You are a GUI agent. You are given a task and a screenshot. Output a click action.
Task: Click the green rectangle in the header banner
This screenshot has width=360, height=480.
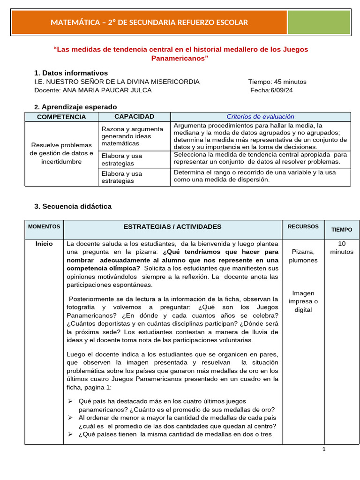coord(319,22)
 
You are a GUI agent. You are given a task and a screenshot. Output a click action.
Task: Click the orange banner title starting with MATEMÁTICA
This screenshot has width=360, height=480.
coord(149,22)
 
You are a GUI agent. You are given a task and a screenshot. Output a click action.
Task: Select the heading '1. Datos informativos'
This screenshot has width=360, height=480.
coord(71,73)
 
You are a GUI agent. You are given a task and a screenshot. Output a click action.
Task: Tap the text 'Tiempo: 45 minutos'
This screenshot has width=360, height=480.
coord(277,82)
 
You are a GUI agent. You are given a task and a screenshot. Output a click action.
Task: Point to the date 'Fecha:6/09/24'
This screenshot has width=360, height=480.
coord(271,90)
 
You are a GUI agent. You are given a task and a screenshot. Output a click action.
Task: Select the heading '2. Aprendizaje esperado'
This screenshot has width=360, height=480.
coord(75,107)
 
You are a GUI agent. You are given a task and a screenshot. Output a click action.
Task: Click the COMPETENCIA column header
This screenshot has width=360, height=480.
coord(61,117)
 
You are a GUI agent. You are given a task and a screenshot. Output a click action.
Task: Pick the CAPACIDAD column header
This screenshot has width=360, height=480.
coord(134,117)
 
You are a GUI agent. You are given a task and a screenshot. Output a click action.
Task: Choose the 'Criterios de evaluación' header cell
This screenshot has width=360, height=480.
coord(260,117)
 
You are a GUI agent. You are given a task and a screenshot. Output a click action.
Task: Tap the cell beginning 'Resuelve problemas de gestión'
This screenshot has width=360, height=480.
coord(61,153)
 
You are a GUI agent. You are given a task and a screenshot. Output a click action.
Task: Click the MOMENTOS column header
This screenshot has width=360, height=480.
coord(44,227)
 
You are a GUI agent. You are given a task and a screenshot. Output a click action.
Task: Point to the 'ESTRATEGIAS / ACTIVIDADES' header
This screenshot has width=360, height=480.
coord(172,227)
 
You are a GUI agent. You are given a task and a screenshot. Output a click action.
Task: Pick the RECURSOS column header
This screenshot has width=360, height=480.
coord(303,227)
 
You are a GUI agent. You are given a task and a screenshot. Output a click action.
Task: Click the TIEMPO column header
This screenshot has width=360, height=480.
coord(342,230)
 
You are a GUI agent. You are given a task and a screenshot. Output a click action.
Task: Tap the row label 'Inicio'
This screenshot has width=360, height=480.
coord(44,244)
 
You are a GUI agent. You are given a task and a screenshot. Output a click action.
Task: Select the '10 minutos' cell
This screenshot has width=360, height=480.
coord(342,247)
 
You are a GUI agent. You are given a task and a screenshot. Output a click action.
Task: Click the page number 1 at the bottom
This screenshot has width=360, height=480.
coord(323,449)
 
